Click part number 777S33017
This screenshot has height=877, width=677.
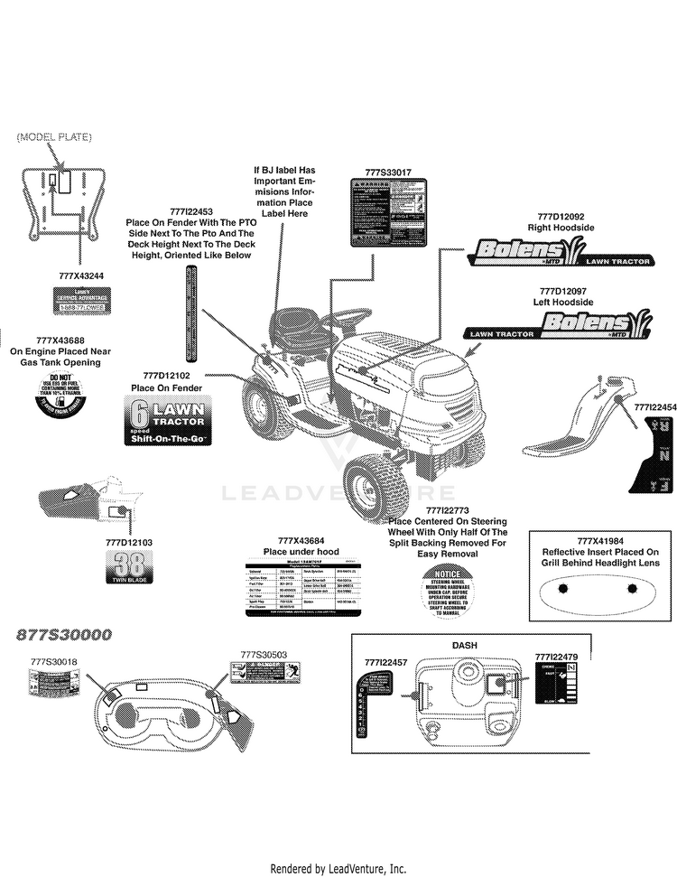(388, 172)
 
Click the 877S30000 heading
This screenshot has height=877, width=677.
(64, 635)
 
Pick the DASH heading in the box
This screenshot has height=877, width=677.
(464, 645)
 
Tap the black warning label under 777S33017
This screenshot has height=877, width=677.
(389, 212)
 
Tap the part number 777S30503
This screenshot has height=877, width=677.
(264, 654)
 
